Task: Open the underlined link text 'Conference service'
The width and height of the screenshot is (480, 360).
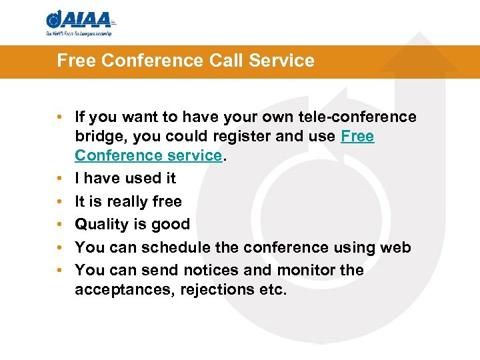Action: coord(148,155)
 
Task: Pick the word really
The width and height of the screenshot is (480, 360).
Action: coord(116,201)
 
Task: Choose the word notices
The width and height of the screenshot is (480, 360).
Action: coord(195,270)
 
